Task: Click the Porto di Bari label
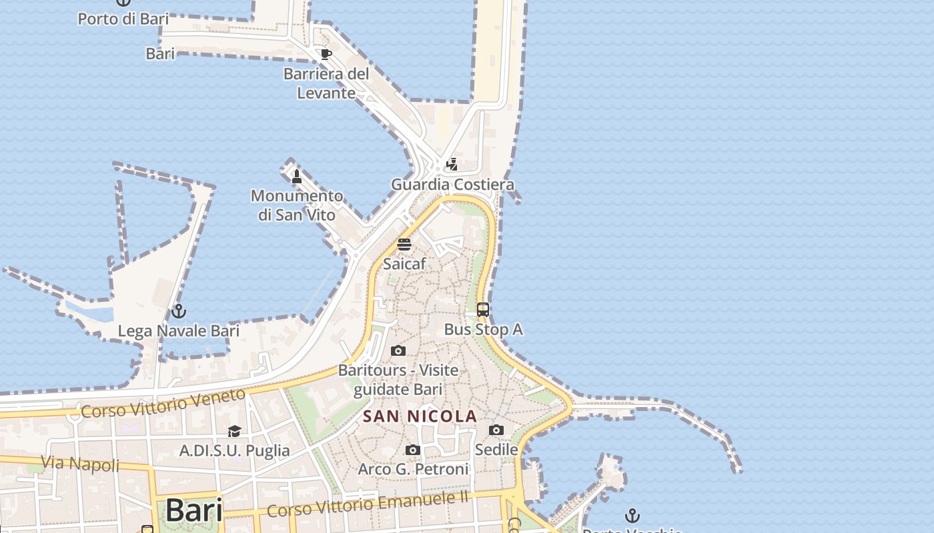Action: coord(123,19)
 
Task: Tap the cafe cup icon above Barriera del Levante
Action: coord(326,54)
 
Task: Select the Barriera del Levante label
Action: coord(326,83)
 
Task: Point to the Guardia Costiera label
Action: coord(452,185)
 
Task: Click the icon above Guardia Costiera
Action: coord(452,164)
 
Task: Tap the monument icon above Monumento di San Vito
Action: coord(297,176)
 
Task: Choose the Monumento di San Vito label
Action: coord(297,205)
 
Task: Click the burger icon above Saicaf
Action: coord(404,245)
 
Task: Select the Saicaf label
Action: coord(404,264)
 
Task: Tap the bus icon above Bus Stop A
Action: coord(483,310)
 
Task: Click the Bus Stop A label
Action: coord(483,329)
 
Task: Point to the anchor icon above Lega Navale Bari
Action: coord(178,311)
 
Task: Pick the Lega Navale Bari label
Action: coord(178,331)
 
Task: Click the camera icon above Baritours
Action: coord(398,351)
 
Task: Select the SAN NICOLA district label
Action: coord(420,417)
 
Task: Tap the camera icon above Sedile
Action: coord(496,430)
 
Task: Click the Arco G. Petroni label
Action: coord(413,469)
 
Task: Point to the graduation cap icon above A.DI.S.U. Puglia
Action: coord(234,432)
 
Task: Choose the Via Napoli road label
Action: coord(80,464)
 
